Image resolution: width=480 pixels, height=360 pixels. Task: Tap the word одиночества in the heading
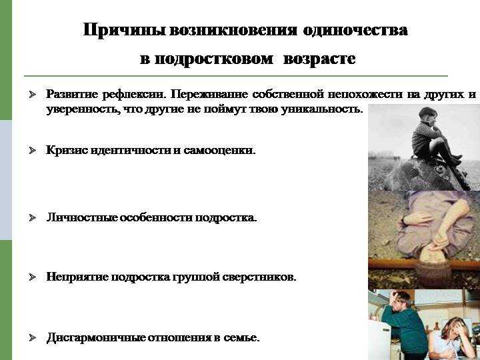pyautogui.click(x=355, y=30)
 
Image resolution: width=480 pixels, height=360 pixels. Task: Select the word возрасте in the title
pyautogui.click(x=319, y=59)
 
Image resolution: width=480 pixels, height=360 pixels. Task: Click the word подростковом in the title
pyautogui.click(x=214, y=59)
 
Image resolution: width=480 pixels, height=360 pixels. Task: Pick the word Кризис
pyautogui.click(x=67, y=150)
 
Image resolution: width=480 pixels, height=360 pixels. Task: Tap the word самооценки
pyautogui.click(x=219, y=150)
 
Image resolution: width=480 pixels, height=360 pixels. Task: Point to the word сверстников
pyautogui.click(x=259, y=277)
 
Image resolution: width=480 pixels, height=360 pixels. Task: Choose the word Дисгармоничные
pyautogui.click(x=96, y=338)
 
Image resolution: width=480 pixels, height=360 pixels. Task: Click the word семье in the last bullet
pyautogui.click(x=241, y=338)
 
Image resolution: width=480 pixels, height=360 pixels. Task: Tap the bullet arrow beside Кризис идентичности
pyautogui.click(x=33, y=150)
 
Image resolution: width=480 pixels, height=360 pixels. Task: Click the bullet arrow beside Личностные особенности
pyautogui.click(x=33, y=217)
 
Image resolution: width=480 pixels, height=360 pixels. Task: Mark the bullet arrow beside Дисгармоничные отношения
pyautogui.click(x=33, y=338)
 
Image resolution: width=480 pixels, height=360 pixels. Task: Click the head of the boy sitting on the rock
pyautogui.click(x=427, y=115)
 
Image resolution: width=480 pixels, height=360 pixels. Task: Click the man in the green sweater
pyautogui.click(x=405, y=325)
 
